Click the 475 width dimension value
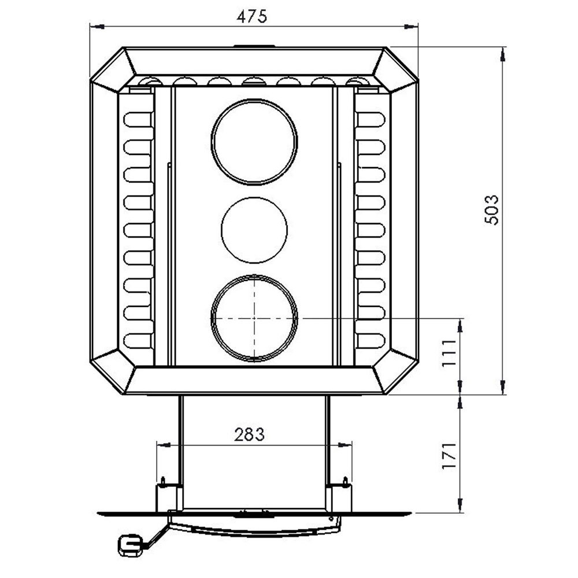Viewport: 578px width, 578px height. pos(252,16)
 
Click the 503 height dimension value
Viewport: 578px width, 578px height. pos(492,210)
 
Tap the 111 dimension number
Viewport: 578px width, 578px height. pos(449,353)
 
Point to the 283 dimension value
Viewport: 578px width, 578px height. pos(250,435)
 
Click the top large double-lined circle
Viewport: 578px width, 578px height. pos(254,142)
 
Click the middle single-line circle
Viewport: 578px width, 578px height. pos(254,230)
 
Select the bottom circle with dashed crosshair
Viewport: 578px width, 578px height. pos(254,318)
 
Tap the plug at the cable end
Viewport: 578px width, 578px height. pos(129,545)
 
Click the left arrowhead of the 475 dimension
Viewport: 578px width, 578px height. pos(97,26)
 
